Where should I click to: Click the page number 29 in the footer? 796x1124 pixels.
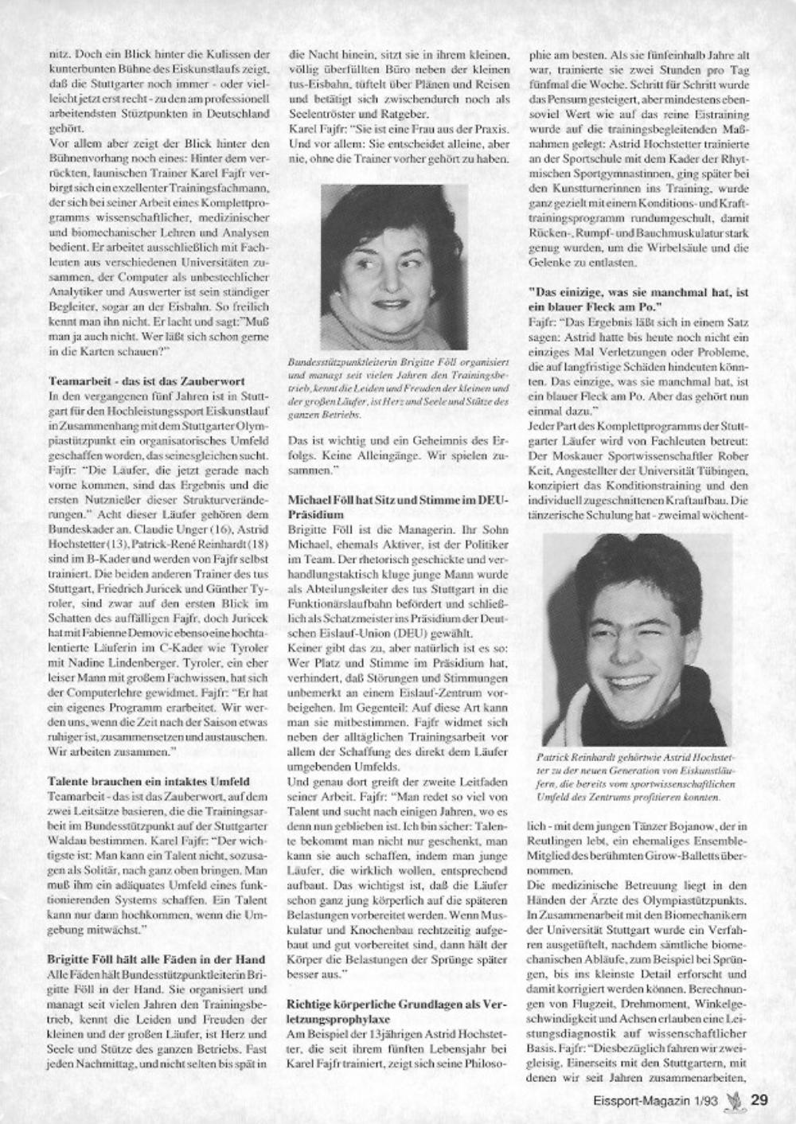(x=759, y=1101)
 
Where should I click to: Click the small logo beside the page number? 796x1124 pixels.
(x=736, y=1100)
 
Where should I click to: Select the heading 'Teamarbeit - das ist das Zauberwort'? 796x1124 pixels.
(x=146, y=381)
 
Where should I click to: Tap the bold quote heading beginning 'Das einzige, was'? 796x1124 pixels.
(x=638, y=299)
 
